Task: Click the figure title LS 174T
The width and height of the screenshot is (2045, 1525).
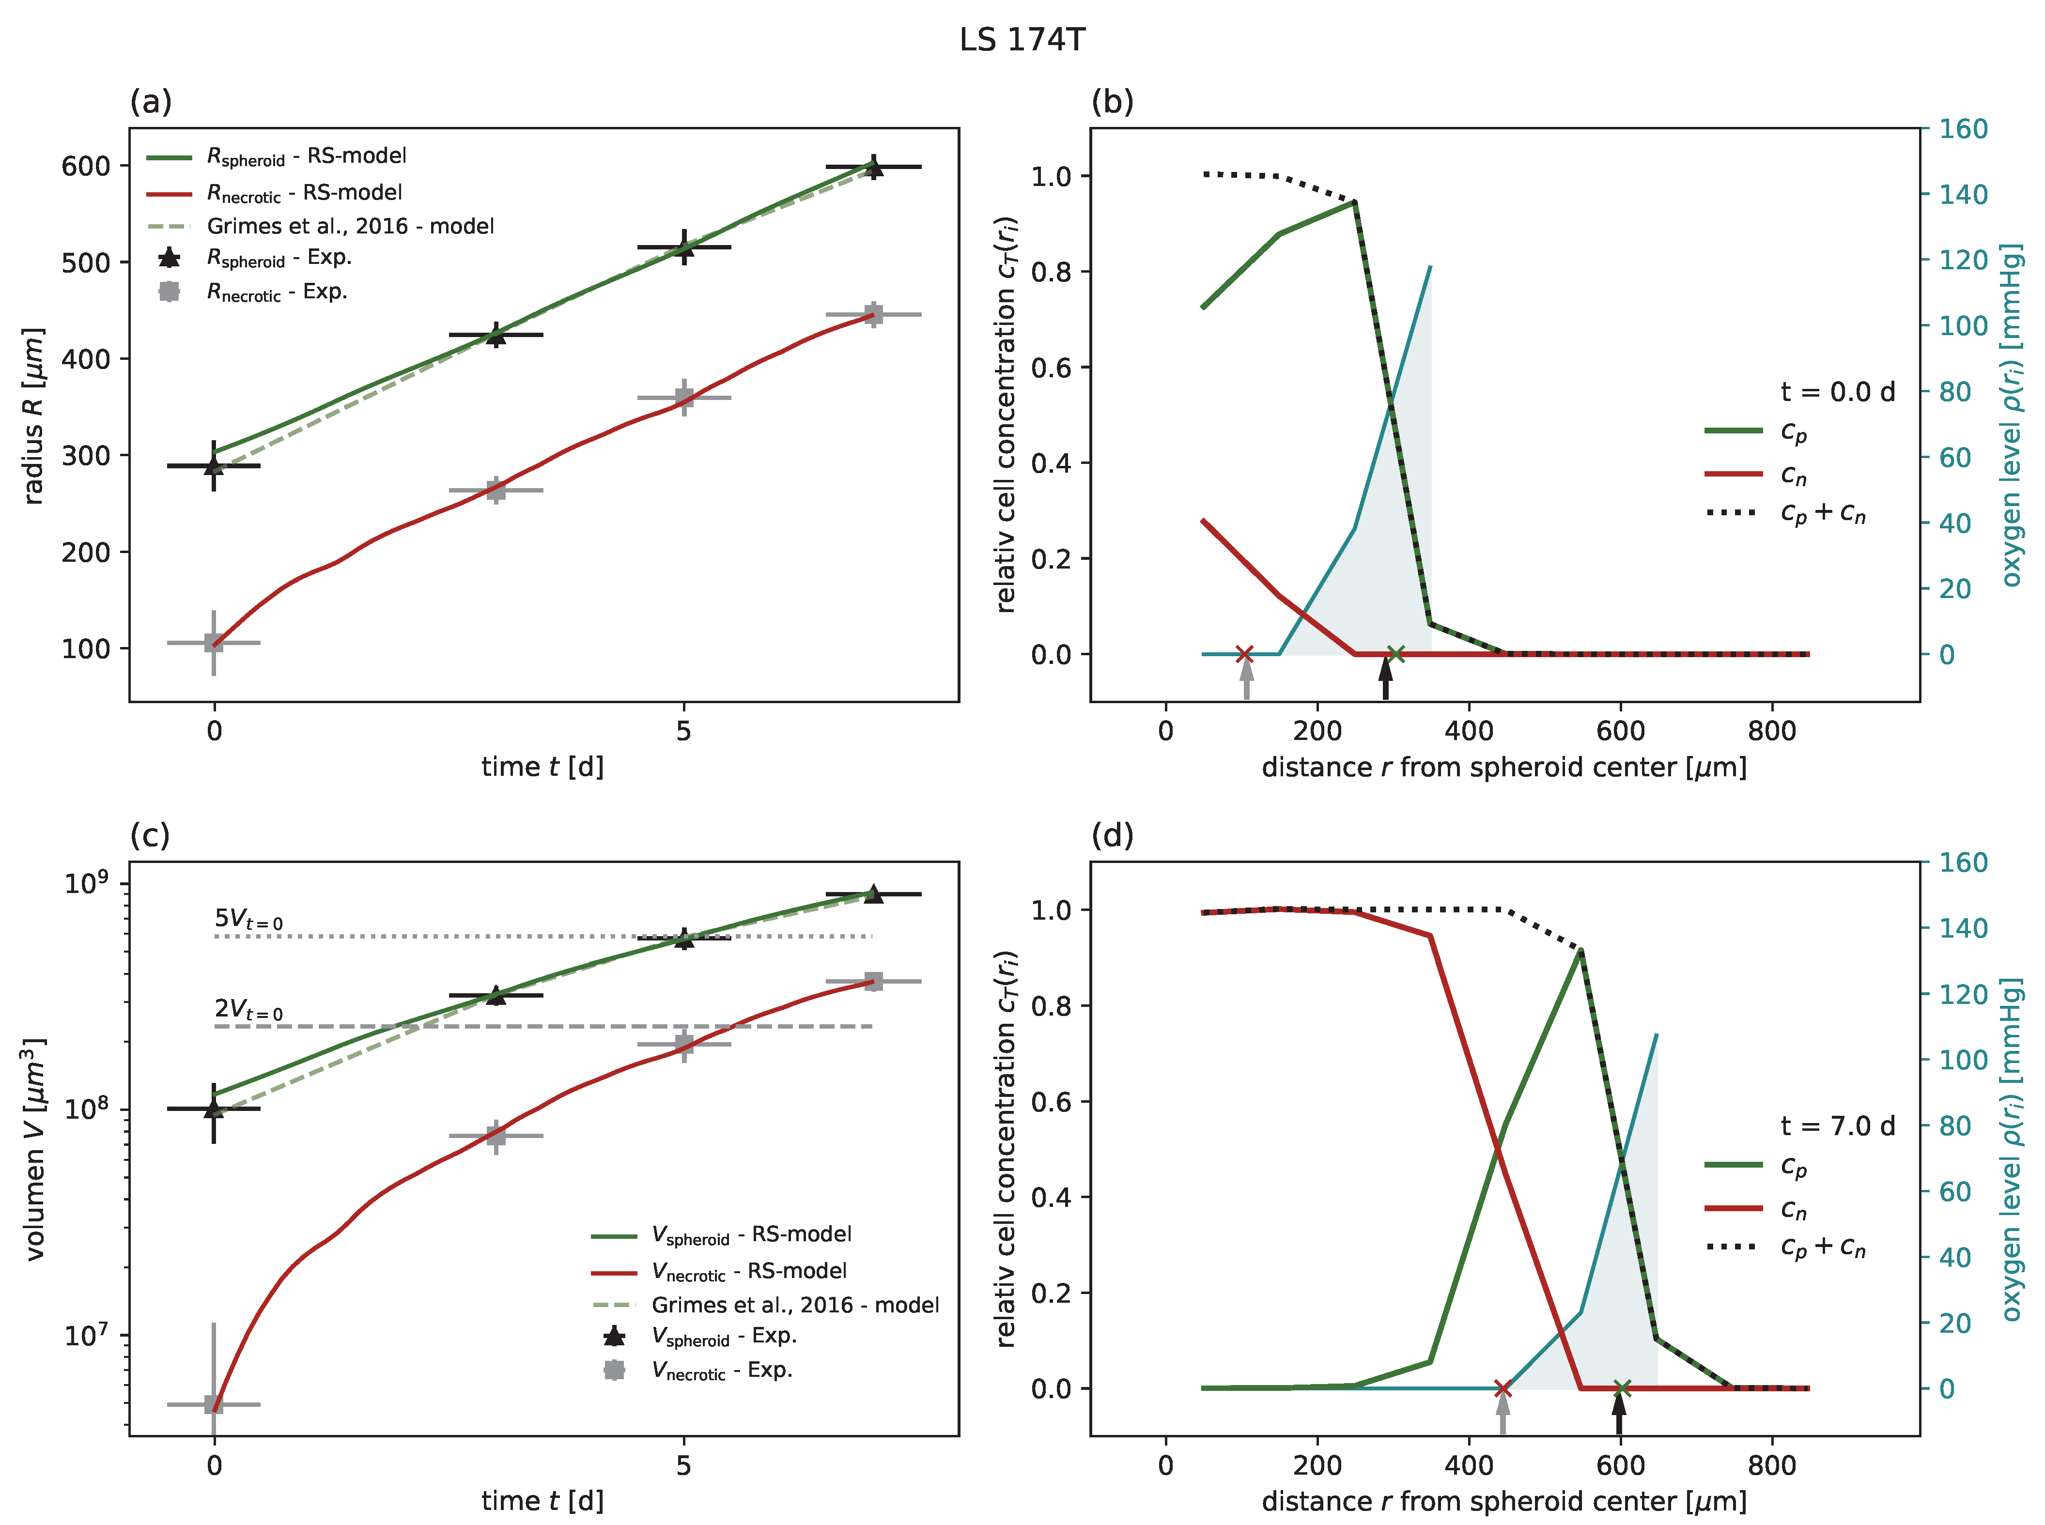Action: tap(1022, 40)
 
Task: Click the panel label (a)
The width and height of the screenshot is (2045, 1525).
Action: tap(151, 102)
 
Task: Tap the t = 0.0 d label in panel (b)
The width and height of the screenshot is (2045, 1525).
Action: tap(1837, 392)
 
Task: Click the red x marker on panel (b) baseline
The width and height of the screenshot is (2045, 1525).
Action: tap(1244, 654)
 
